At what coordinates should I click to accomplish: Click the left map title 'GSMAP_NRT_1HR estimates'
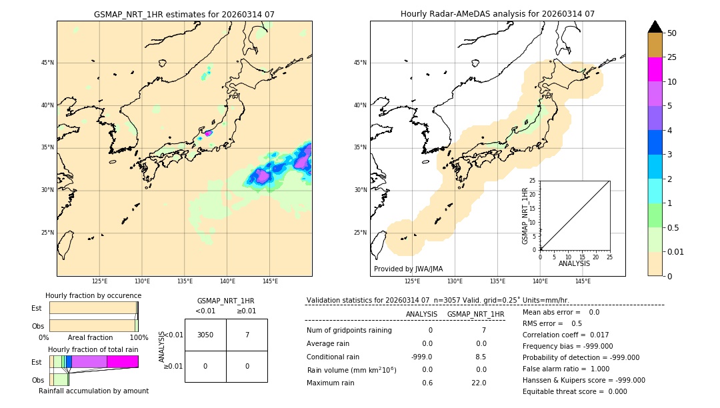pyautogui.click(x=184, y=14)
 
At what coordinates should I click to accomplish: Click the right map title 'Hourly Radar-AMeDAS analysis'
pyautogui.click(x=497, y=14)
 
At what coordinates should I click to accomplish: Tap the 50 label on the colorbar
pyautogui.click(x=672, y=33)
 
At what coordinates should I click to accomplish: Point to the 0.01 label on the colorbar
pyautogui.click(x=676, y=251)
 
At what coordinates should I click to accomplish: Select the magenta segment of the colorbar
pyautogui.click(x=655, y=69)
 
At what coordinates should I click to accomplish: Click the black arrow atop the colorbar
pyautogui.click(x=655, y=27)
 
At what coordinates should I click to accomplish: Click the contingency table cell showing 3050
pyautogui.click(x=205, y=335)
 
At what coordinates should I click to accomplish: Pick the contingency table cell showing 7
pyautogui.click(x=247, y=335)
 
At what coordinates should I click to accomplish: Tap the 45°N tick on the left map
pyautogui.click(x=47, y=63)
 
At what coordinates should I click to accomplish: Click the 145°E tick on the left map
pyautogui.click(x=270, y=281)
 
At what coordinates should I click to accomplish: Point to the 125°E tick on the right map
pyautogui.click(x=413, y=281)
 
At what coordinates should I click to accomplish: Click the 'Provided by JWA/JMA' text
pyautogui.click(x=408, y=269)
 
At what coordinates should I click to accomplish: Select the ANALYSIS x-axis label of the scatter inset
pyautogui.click(x=574, y=263)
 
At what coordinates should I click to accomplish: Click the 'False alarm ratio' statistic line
pyautogui.click(x=565, y=368)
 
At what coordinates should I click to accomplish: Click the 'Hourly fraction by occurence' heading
pyautogui.click(x=93, y=295)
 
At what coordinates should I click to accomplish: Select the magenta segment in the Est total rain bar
pyautogui.click(x=123, y=361)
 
